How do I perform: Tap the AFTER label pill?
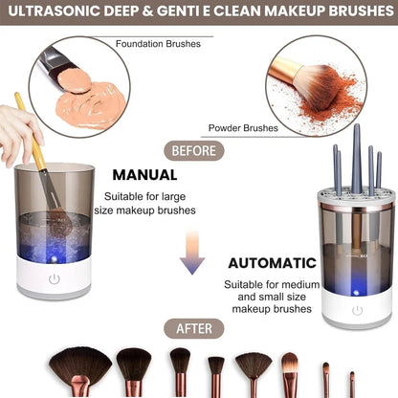coord(200,328)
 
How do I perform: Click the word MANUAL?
coord(144,175)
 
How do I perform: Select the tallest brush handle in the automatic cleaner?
coord(356,158)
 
